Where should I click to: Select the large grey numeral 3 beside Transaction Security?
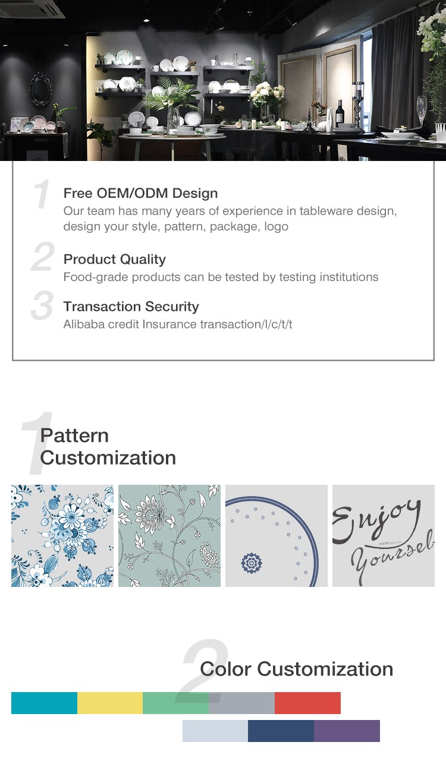[42, 305]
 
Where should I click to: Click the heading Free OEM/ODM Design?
[140, 193]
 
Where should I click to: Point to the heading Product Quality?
[114, 259]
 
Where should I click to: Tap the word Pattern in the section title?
[74, 435]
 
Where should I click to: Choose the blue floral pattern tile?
[62, 535]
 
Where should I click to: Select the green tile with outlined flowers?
[169, 535]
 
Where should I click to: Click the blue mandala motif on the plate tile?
[252, 562]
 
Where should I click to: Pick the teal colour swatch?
[44, 703]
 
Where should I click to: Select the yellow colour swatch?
[110, 703]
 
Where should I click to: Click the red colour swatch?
[307, 703]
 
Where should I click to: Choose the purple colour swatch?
[347, 731]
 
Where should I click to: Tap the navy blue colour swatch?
[281, 731]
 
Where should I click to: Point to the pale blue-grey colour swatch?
[215, 731]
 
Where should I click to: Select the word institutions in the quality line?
[345, 277]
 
